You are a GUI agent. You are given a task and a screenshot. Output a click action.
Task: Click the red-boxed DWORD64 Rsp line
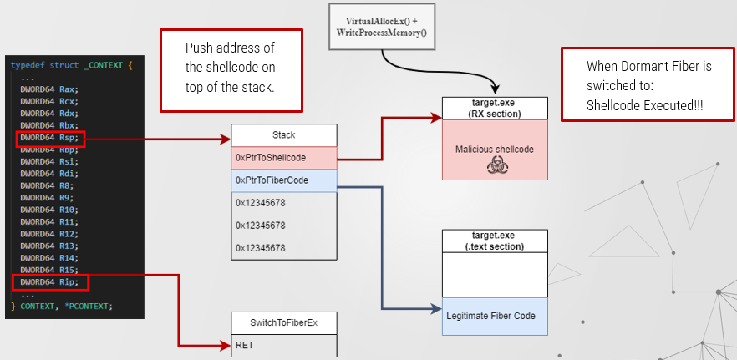pyautogui.click(x=49, y=138)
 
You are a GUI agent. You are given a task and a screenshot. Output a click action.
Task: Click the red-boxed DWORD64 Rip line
pyautogui.click(x=49, y=283)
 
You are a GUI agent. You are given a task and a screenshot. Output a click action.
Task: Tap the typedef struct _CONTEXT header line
pyautogui.click(x=72, y=65)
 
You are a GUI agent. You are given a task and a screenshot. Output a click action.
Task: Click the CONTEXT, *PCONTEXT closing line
pyautogui.click(x=64, y=307)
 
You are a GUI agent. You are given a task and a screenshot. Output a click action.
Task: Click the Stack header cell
pyautogui.click(x=284, y=134)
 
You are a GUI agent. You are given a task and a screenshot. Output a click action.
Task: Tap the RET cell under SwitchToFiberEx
pyautogui.click(x=284, y=344)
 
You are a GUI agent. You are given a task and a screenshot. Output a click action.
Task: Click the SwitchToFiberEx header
pyautogui.click(x=284, y=322)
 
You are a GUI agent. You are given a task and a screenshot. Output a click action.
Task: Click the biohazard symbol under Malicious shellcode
pyautogui.click(x=495, y=166)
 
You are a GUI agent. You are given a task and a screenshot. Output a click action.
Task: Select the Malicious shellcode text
pyautogui.click(x=495, y=149)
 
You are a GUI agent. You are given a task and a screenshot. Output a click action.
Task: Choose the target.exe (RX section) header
pyautogui.click(x=495, y=108)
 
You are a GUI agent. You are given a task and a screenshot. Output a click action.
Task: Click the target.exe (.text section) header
pyautogui.click(x=494, y=241)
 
